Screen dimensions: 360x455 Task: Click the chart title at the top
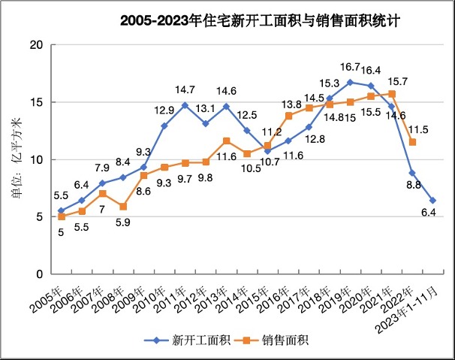coord(259,21)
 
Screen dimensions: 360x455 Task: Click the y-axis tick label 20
coord(35,45)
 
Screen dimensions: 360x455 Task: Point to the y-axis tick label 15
coord(35,102)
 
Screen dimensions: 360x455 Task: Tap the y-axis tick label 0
coord(38,274)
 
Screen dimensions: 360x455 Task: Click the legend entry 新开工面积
coord(194,340)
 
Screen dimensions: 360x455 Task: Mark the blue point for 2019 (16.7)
coord(351,82)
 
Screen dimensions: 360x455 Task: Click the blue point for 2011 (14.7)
coord(185,105)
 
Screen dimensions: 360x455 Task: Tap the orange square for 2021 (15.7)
coord(392,94)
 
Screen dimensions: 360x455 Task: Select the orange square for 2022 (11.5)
coord(412,142)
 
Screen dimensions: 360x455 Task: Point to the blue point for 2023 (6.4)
coord(433,201)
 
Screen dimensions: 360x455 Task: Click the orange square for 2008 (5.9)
coord(123,207)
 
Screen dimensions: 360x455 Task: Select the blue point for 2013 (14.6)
coord(226,107)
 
